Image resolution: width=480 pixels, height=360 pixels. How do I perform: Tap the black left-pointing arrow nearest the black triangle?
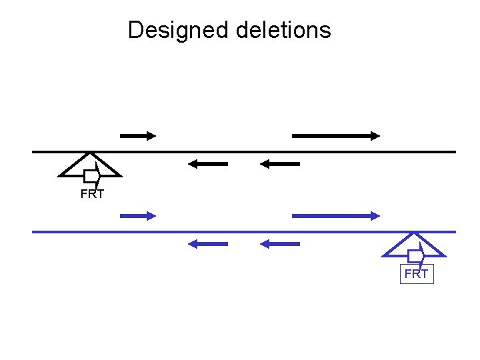[207, 163]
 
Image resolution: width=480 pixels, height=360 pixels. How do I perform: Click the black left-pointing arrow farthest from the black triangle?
[280, 163]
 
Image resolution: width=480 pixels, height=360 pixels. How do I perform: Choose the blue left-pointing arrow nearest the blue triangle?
[280, 244]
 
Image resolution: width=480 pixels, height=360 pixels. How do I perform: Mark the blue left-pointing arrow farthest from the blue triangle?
[207, 244]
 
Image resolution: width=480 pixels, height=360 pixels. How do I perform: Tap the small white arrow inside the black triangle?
[91, 175]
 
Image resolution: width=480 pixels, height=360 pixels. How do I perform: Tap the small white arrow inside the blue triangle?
[416, 256]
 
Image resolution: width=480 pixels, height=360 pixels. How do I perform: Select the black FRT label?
[92, 195]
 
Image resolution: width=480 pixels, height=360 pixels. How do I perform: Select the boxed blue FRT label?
[417, 274]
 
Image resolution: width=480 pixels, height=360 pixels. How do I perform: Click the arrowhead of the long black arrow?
[375, 135]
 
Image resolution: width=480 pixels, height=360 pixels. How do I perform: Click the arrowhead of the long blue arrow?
[375, 215]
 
